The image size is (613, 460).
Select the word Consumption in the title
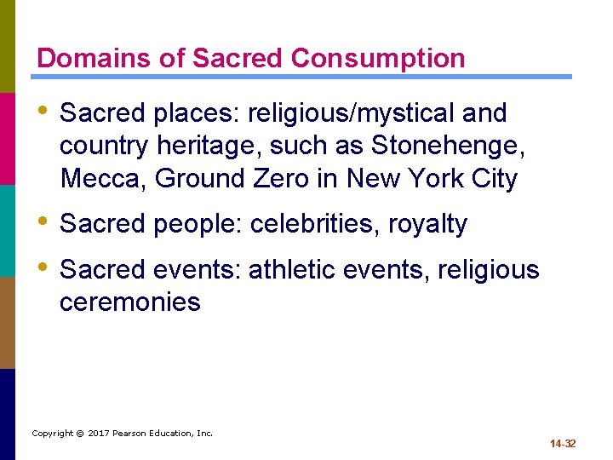(x=378, y=58)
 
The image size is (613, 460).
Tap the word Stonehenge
(x=448, y=146)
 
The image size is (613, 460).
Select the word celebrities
(x=314, y=224)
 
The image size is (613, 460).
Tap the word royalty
(x=427, y=224)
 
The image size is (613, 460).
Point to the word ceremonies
(x=130, y=302)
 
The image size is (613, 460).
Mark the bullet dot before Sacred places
(x=43, y=112)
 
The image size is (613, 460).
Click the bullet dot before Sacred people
(x=43, y=222)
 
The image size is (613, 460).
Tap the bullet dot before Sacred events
(x=43, y=268)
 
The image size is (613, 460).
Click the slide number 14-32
(x=562, y=443)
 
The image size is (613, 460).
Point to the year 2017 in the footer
(x=100, y=433)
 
